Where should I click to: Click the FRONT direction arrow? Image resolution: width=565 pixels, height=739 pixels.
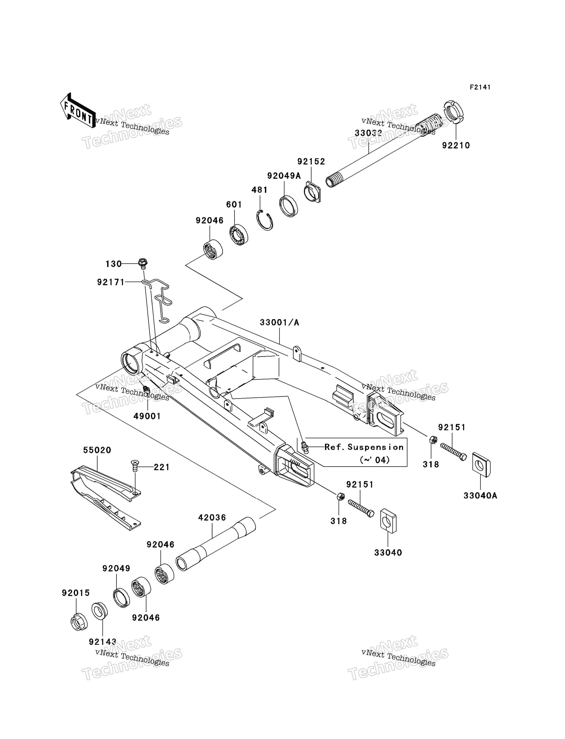(78, 110)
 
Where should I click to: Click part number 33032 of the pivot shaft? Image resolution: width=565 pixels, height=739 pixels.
(368, 133)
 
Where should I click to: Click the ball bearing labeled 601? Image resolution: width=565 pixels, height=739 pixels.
(239, 235)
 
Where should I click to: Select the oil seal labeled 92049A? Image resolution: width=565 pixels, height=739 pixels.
(289, 206)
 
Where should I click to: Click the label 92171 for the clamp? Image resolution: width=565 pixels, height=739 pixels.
(111, 283)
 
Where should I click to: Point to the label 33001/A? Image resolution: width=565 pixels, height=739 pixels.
(280, 323)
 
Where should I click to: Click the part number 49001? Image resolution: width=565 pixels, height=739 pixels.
(147, 416)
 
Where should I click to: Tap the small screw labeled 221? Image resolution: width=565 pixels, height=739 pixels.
(134, 466)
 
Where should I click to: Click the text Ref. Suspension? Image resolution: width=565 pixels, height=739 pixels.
(364, 447)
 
